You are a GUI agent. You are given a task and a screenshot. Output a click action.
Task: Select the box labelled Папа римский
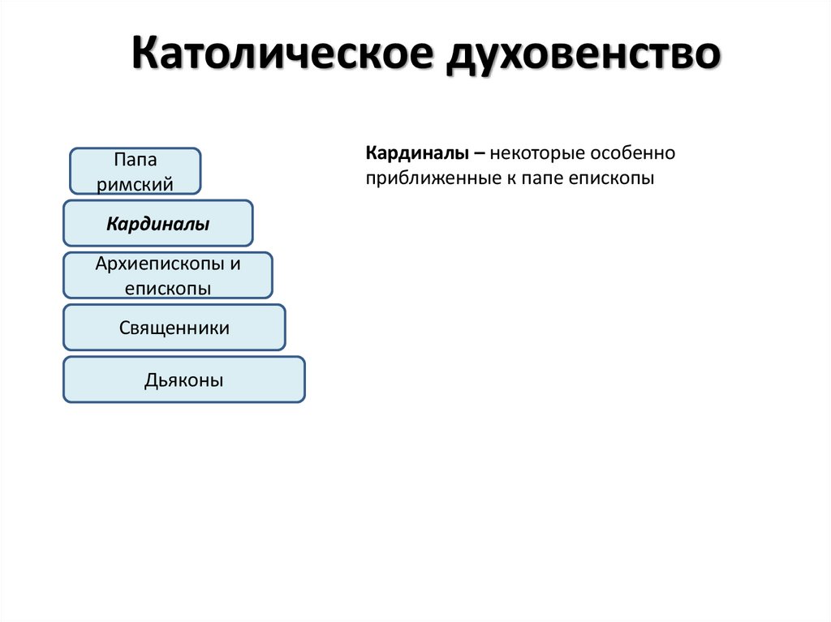135,170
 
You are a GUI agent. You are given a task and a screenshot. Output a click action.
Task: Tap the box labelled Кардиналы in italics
158,224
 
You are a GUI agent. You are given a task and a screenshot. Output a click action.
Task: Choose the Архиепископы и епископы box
168,276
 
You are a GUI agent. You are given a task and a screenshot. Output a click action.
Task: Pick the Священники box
174,328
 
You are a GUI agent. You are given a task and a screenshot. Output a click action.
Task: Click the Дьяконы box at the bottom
183,380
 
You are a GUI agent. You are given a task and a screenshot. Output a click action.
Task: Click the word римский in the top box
136,184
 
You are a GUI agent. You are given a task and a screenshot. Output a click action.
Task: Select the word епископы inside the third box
168,288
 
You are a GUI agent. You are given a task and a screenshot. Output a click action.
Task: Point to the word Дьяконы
183,380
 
